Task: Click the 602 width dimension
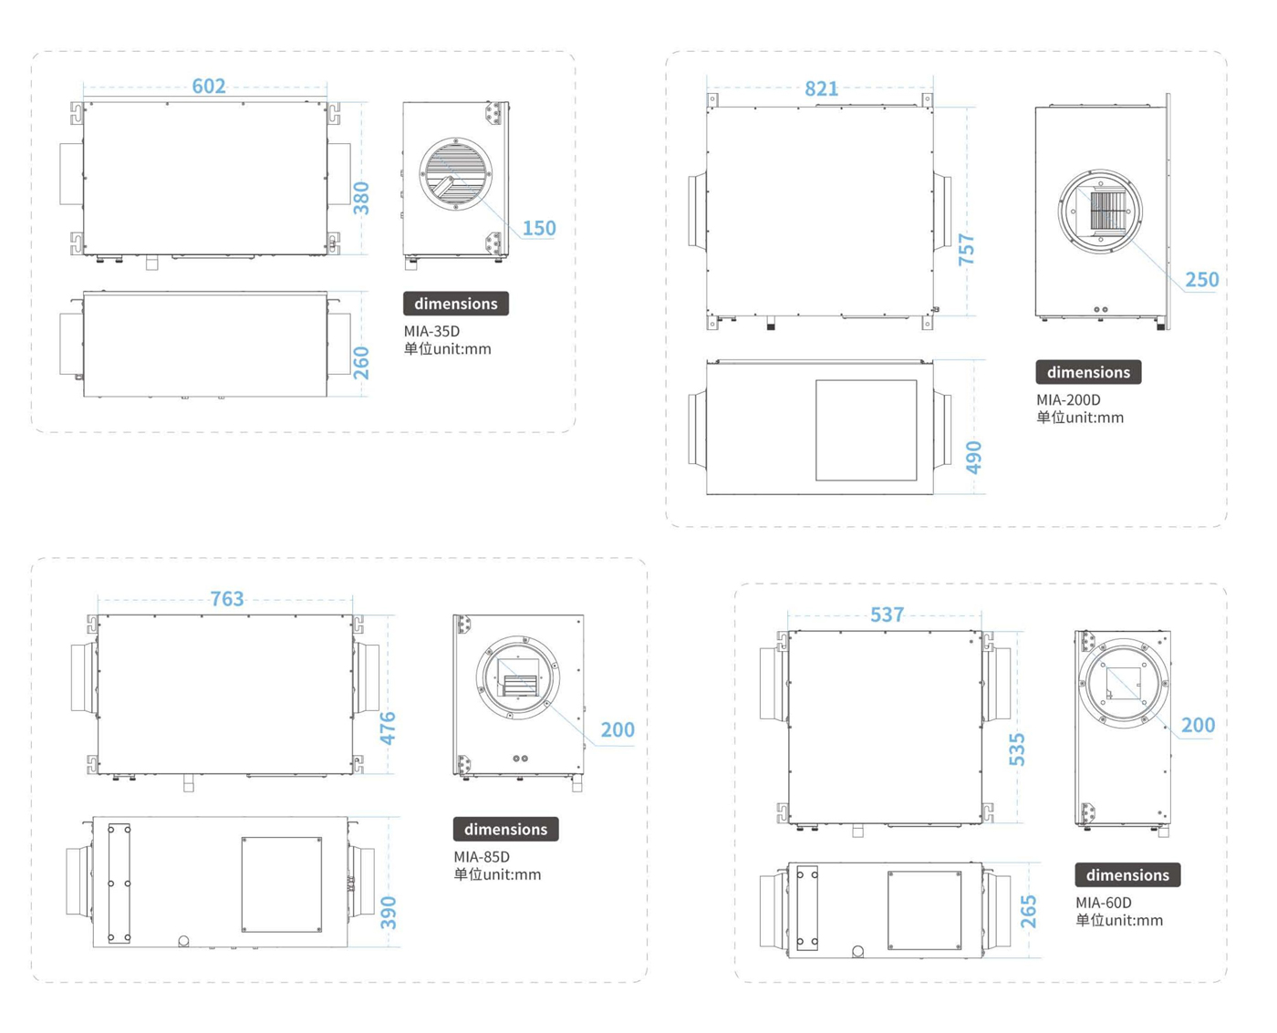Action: click(209, 87)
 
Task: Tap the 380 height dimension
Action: click(361, 198)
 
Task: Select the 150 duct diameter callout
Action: click(539, 228)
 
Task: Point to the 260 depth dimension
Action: click(361, 363)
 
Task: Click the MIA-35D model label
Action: click(431, 331)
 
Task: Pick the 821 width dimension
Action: click(821, 88)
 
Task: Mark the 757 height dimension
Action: click(967, 249)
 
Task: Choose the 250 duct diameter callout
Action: click(1202, 280)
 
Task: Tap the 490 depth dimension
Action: click(973, 457)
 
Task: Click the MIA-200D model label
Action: click(1068, 399)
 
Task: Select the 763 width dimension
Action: click(226, 599)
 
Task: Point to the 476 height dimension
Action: click(388, 728)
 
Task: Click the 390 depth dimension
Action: click(389, 912)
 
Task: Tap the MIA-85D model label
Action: click(482, 857)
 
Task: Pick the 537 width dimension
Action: click(888, 615)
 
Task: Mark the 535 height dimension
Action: click(1017, 749)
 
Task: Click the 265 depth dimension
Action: click(1028, 912)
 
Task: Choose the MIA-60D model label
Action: click(1104, 903)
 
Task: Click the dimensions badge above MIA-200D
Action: click(1089, 372)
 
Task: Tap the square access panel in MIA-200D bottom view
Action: click(867, 430)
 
